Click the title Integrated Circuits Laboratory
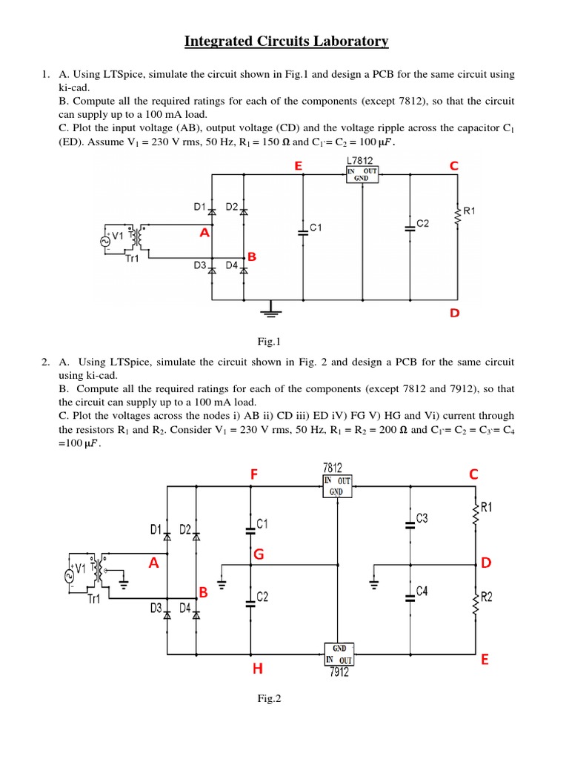click(286, 42)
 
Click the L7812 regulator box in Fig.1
click(362, 173)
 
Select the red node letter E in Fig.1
click(298, 167)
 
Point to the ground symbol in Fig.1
click(273, 309)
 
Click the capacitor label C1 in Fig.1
click(316, 228)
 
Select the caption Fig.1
click(266, 341)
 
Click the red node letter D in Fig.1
click(454, 314)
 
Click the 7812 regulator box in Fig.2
click(338, 485)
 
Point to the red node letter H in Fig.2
click(257, 669)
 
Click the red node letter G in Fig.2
click(259, 554)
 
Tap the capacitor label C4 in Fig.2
click(422, 591)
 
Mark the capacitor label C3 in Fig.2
click(422, 519)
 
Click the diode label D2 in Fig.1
click(232, 207)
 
